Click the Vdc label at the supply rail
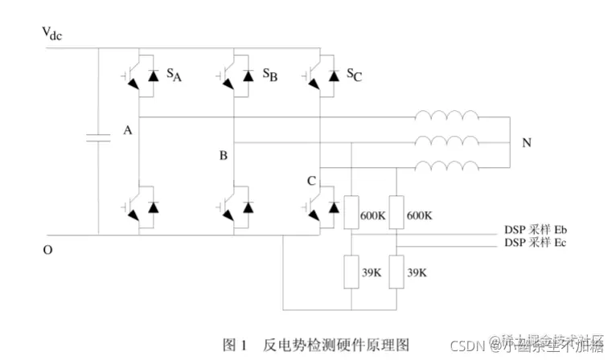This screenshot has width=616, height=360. (x=53, y=34)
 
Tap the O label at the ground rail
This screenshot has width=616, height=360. (x=47, y=250)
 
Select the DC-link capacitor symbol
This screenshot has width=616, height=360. (x=98, y=139)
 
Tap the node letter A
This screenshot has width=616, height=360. (x=127, y=130)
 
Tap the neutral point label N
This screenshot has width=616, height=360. (x=527, y=144)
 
